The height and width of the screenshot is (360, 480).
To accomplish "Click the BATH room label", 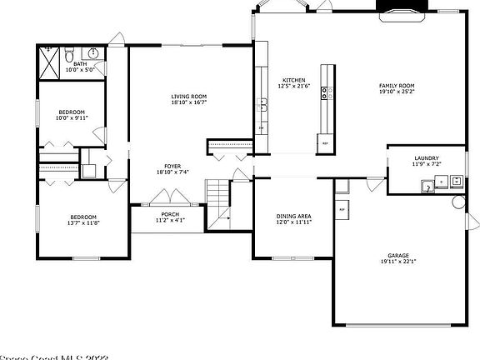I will point(80,64).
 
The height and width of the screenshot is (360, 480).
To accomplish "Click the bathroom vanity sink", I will point(94,54).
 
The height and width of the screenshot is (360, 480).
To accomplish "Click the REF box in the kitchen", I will point(324,143).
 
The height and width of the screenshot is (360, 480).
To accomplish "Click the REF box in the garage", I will point(342,209).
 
